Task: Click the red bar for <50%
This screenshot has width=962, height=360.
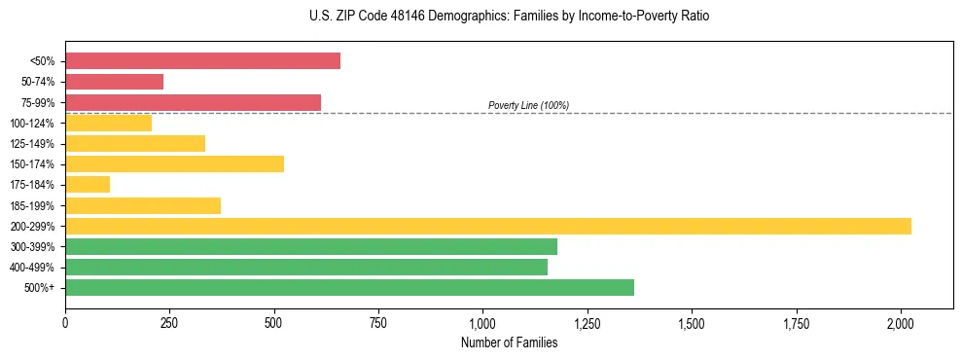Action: (x=202, y=61)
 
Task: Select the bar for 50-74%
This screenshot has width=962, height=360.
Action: (x=114, y=82)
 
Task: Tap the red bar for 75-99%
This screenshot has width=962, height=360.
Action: (x=193, y=102)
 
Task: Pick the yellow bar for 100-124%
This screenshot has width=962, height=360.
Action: (x=108, y=123)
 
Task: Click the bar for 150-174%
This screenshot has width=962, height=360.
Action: (x=174, y=164)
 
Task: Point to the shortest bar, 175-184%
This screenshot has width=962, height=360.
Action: (x=88, y=185)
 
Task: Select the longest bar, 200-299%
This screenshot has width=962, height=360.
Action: (x=487, y=226)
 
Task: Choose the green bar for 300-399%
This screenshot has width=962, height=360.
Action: (x=310, y=246)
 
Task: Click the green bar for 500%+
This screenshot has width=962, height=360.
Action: (x=349, y=287)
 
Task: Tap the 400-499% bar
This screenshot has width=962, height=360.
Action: (x=305, y=267)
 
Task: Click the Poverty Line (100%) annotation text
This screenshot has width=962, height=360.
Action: (x=528, y=105)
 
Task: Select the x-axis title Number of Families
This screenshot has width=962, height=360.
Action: (x=509, y=342)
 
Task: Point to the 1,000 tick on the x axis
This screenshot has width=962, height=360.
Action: (x=482, y=321)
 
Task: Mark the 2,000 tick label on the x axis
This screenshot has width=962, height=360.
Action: (x=901, y=321)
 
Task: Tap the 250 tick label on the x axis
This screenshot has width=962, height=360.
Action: (x=169, y=321)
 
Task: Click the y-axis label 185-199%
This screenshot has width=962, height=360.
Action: (x=32, y=205)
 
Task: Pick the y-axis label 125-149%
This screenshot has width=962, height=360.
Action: (x=32, y=144)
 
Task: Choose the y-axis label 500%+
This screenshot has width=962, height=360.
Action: (x=40, y=288)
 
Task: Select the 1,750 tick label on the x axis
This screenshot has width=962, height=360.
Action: (x=796, y=321)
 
